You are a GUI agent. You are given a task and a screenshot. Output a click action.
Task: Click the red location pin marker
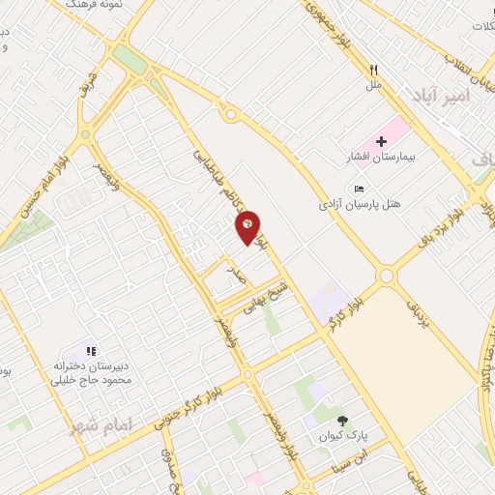pos(248,225)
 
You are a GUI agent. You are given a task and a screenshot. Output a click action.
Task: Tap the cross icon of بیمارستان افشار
pos(382,142)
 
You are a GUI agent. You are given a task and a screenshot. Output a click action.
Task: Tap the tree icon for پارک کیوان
pos(342,419)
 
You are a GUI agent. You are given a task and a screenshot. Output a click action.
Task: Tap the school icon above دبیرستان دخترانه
pos(90,351)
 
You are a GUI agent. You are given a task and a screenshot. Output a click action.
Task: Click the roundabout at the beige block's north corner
pos(387,277)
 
